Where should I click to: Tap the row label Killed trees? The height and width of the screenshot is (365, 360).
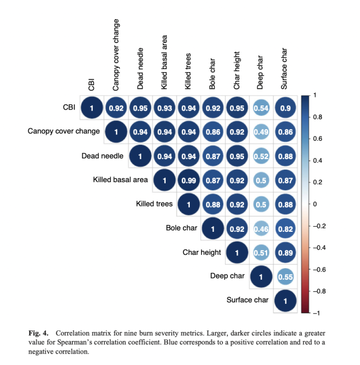pos(155,204)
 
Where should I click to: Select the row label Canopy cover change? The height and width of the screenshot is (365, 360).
pos(63,131)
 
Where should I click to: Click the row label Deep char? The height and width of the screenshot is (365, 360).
pos(228,276)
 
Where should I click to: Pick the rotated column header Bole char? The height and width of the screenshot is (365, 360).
pos(213,74)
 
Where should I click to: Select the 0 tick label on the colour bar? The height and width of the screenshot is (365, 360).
pos(314,204)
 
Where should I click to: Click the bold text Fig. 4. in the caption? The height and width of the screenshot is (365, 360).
pos(39,333)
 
